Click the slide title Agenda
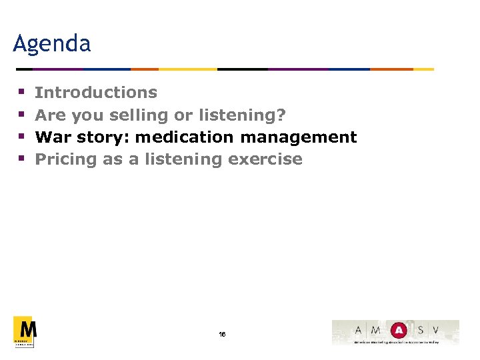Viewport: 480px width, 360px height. pyautogui.click(x=51, y=44)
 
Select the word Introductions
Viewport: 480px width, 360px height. pyautogui.click(x=96, y=93)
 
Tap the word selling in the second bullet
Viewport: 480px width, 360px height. pyautogui.click(x=139, y=115)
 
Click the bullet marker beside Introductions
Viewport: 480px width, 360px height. pyautogui.click(x=21, y=93)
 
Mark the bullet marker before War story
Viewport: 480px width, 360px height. pyautogui.click(x=21, y=137)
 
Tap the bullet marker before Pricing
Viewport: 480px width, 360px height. pyautogui.click(x=21, y=159)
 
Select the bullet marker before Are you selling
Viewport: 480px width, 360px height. pyautogui.click(x=21, y=115)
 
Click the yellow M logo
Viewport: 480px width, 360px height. pyautogui.click(x=24, y=331)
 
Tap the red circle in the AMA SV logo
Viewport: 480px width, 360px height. pyautogui.click(x=398, y=329)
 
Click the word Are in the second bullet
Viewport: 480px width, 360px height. pyautogui.click(x=50, y=115)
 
